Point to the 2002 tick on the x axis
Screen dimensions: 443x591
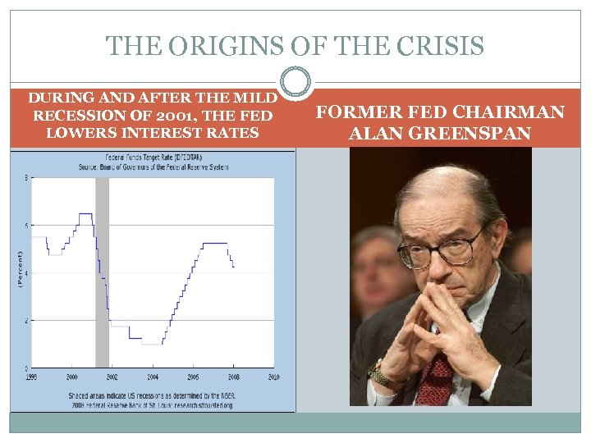point(112,377)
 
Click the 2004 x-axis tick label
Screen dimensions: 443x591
point(153,377)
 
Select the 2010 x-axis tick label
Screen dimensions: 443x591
point(273,377)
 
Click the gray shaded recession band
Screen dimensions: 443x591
point(102,271)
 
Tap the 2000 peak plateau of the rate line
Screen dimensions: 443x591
point(85,214)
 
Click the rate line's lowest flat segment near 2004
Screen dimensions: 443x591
point(152,344)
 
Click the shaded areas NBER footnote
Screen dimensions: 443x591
point(152,396)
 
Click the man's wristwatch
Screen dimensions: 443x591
point(380,378)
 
